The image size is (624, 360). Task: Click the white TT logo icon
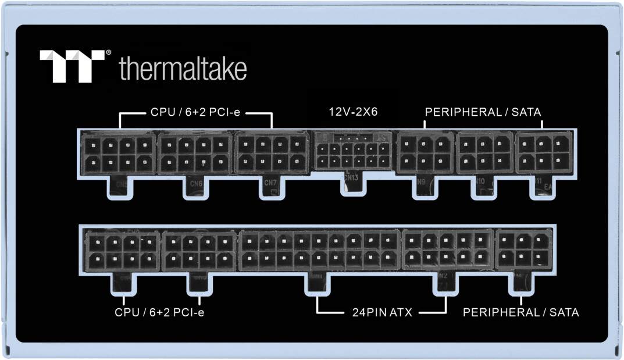tap(72, 65)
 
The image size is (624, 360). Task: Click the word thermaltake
tap(183, 69)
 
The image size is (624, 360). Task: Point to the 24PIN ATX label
tap(382, 312)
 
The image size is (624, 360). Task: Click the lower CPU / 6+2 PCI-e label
tap(159, 312)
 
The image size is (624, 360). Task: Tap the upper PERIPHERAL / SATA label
tap(483, 112)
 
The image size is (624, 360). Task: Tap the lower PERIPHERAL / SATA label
tap(520, 312)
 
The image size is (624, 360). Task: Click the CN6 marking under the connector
tap(196, 184)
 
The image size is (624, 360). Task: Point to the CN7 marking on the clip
tap(270, 183)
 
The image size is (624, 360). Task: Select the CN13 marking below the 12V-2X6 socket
tap(351, 178)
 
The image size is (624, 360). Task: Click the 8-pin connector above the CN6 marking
tap(195, 152)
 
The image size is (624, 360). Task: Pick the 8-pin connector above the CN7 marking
tap(271, 152)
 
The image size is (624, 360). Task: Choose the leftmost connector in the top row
tap(119, 152)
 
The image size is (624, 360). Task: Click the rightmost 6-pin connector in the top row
tap(543, 152)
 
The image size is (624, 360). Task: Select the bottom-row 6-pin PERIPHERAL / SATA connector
tap(523, 250)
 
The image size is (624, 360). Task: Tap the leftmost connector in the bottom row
tap(122, 250)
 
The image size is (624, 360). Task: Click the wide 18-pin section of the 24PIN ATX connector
tap(319, 250)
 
